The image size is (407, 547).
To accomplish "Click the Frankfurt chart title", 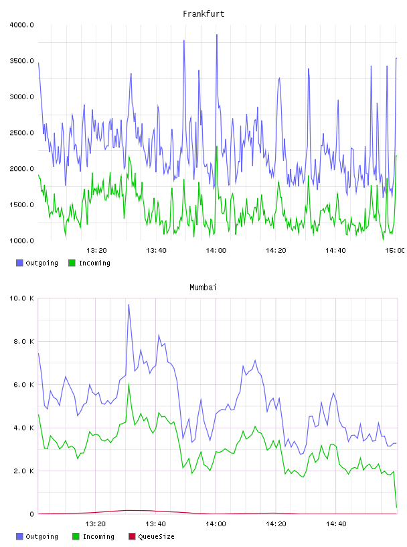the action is [x=203, y=14].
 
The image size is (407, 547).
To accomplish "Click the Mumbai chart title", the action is [x=203, y=288].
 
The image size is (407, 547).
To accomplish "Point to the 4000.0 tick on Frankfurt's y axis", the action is [x=21, y=25].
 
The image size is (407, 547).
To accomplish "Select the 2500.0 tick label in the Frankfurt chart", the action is [x=21, y=133].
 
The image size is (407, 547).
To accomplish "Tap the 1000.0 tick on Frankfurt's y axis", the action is [x=21, y=241].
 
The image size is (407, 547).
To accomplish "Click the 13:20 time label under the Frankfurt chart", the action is [x=96, y=250].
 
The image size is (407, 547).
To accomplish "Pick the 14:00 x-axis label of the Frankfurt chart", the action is [x=216, y=250].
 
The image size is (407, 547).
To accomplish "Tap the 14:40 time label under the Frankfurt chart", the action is [x=335, y=250].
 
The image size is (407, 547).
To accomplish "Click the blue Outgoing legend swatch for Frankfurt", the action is [x=19, y=263].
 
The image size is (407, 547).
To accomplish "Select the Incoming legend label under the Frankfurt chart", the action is [x=94, y=263].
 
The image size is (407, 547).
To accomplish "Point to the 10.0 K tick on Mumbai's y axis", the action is [x=21, y=298].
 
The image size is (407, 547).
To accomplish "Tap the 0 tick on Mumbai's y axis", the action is [x=31, y=514].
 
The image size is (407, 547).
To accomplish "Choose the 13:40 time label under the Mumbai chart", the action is [x=155, y=524].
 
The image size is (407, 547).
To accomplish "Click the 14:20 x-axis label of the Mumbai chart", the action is [x=276, y=524].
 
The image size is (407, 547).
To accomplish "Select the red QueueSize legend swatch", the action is [x=132, y=536].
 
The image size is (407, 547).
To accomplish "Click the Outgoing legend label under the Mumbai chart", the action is [x=42, y=536].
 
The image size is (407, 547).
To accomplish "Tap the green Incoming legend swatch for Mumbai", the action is [x=75, y=536].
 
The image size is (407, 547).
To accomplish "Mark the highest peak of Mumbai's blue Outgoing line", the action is [x=129, y=305].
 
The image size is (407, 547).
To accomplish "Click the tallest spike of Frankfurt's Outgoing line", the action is [x=217, y=35].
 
